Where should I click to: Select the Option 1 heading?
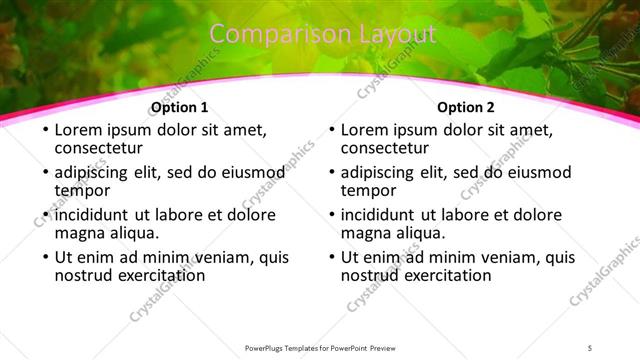pos(180,108)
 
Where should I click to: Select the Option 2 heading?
pos(466,108)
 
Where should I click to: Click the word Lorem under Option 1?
pos(80,130)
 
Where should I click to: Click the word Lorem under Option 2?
pos(366,130)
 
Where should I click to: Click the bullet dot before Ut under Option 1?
pos(45,258)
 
